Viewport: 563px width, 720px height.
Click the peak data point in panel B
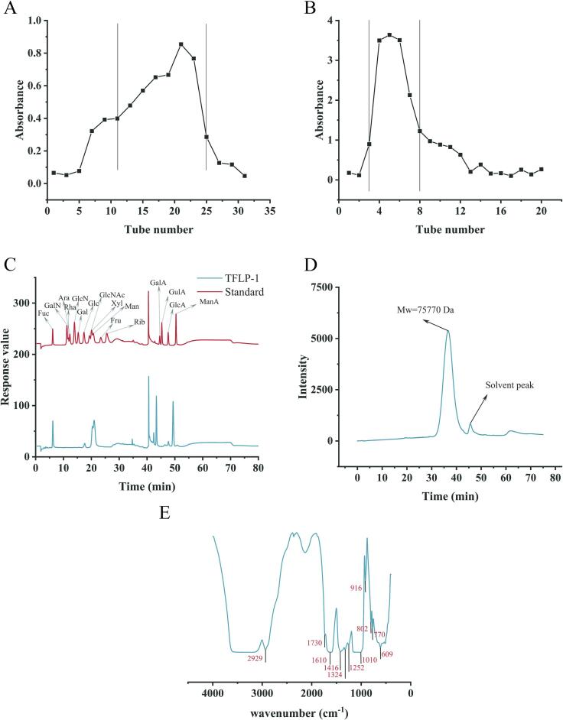389,35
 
